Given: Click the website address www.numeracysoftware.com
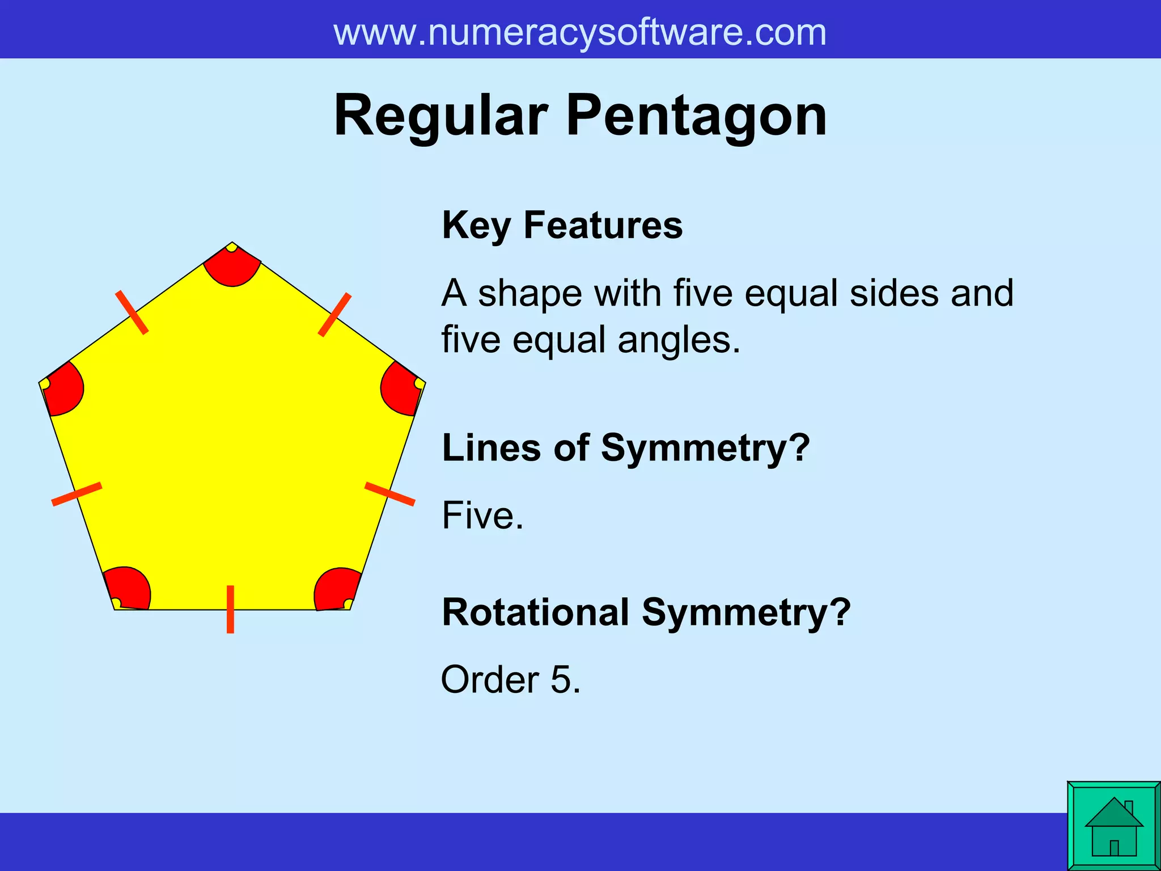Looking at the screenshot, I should pos(579,32).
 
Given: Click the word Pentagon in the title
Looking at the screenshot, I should pos(696,116).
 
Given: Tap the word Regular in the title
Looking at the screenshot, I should pos(440,116).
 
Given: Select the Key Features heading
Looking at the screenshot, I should pos(562,225).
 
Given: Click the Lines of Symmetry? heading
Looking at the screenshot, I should pos(625,448).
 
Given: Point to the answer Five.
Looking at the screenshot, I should pos(482,515).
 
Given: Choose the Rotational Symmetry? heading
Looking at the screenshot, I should pos(646,613).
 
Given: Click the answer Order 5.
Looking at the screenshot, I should pos(510,679).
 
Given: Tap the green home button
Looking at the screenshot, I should pos(1113,826).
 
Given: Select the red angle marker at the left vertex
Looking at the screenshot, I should pos(63,390).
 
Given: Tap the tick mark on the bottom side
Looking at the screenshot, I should pos(230,609).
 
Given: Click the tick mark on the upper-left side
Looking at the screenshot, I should pos(132,312).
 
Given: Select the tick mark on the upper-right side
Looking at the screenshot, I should pos(334,315).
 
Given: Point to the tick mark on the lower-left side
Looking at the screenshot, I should pos(77,494).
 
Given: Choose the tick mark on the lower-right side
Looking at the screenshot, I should pos(389,493).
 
